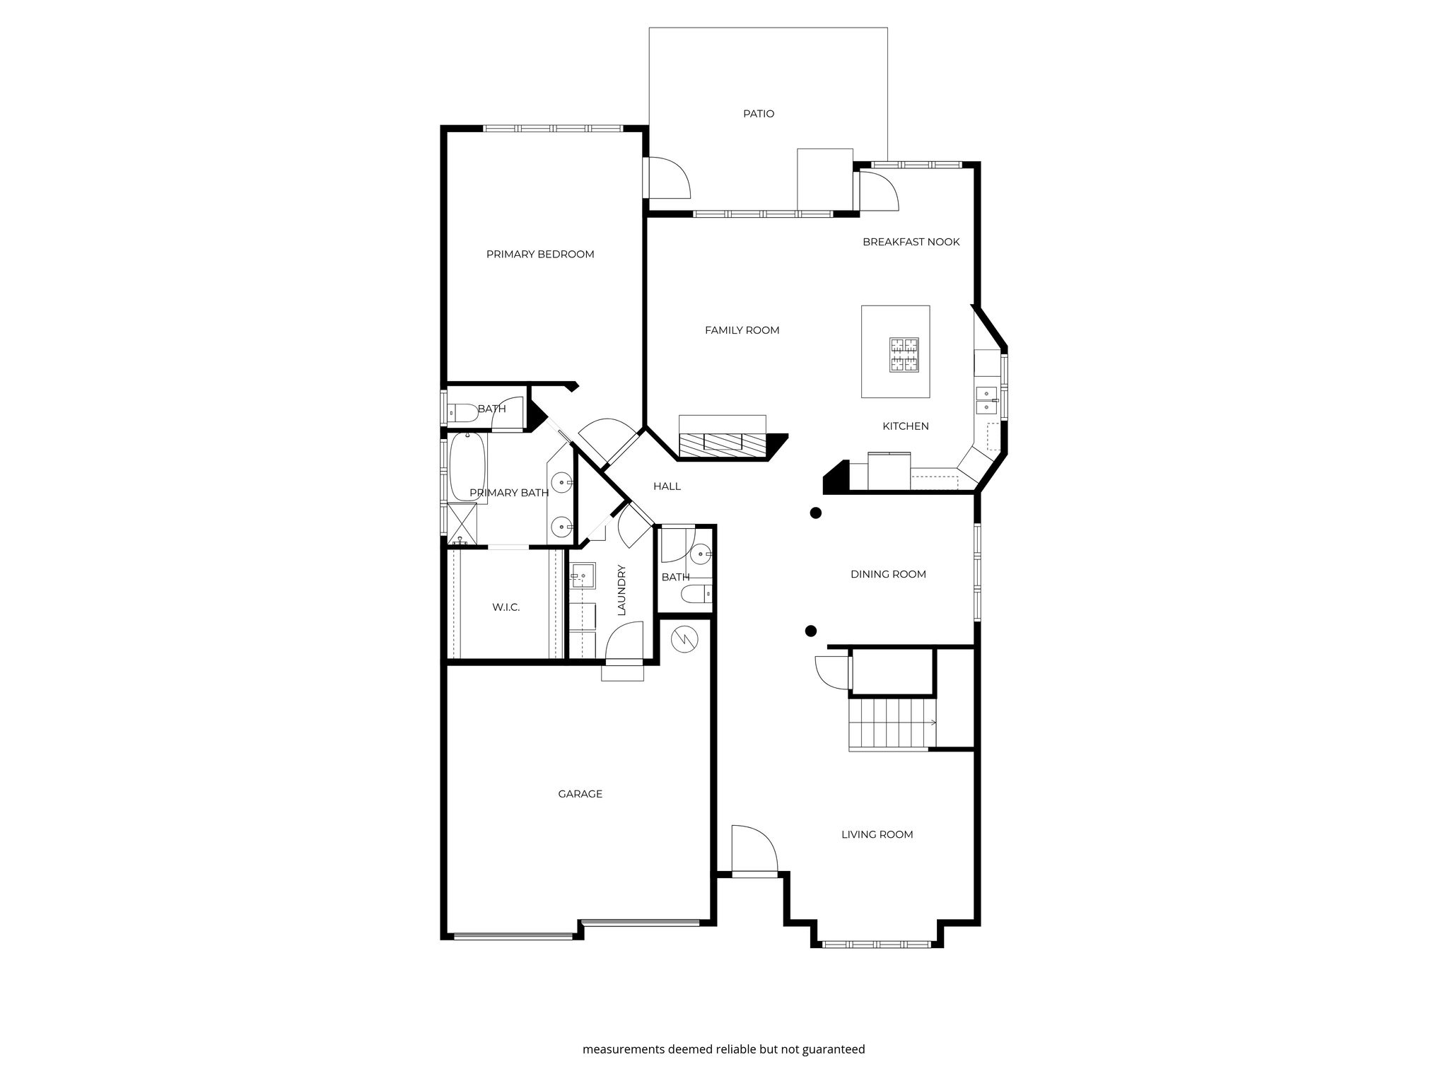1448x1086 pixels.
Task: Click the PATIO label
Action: click(758, 114)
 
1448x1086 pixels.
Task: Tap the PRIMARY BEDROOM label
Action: click(540, 255)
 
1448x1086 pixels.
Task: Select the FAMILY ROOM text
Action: click(742, 330)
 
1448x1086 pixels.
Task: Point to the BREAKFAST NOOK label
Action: click(911, 242)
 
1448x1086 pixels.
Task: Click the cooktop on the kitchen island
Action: click(904, 355)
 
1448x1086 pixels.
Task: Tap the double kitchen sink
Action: click(986, 400)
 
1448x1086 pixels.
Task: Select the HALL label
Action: click(667, 486)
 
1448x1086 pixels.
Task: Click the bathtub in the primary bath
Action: click(467, 467)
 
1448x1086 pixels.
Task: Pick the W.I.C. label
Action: click(506, 607)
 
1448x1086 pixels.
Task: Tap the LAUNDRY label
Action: click(622, 590)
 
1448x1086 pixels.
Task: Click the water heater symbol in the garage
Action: click(684, 639)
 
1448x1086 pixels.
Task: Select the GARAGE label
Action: click(580, 794)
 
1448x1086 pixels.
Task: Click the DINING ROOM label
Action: click(888, 574)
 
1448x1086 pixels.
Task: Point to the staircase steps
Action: click(892, 723)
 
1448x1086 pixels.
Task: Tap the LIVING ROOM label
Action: click(877, 834)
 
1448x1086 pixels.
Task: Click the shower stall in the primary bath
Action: click(462, 524)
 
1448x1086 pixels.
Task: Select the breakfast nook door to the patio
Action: click(877, 191)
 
